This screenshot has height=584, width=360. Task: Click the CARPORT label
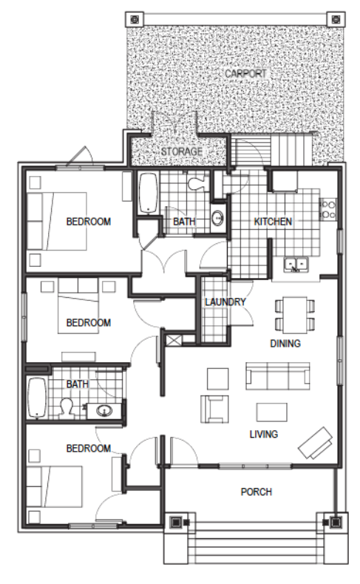(x=245, y=73)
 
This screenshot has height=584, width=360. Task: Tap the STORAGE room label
(x=182, y=152)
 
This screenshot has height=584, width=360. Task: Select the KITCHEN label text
(x=273, y=222)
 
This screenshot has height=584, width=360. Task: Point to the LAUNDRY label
(x=225, y=302)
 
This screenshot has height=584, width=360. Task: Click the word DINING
(x=285, y=343)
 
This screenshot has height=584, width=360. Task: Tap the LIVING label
(x=264, y=434)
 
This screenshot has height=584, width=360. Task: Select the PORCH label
(x=256, y=492)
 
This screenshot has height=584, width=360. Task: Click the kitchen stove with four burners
(x=327, y=209)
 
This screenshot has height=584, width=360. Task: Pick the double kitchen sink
(x=296, y=265)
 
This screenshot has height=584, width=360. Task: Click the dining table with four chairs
(x=294, y=315)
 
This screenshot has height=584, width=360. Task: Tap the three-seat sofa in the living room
(x=278, y=376)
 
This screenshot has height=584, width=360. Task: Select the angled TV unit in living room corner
(x=316, y=443)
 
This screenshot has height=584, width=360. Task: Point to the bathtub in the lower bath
(x=36, y=398)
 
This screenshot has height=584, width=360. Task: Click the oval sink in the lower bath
(x=104, y=411)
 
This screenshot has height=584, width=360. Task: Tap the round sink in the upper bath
(x=217, y=217)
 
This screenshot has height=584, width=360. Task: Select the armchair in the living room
(x=215, y=409)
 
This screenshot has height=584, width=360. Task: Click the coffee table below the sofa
(x=272, y=412)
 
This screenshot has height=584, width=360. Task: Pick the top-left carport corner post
(x=135, y=19)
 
